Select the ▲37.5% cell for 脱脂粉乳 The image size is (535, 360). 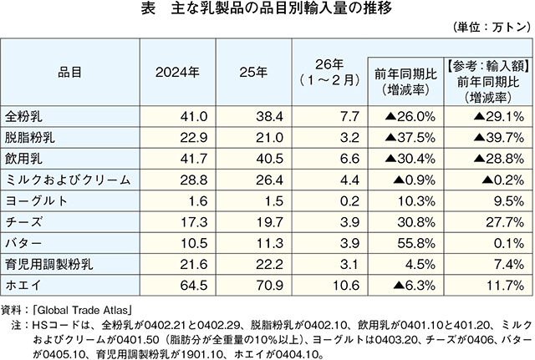click(410, 134)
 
